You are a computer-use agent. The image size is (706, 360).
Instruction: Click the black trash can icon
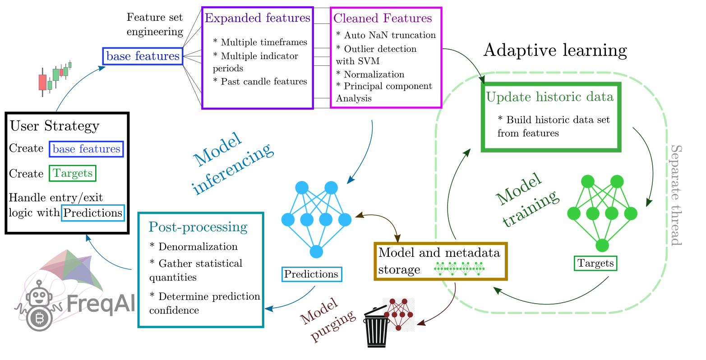click(x=377, y=328)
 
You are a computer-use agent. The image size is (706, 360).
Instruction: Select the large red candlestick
click(x=42, y=82)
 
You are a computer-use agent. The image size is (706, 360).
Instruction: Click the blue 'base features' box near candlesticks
click(x=143, y=56)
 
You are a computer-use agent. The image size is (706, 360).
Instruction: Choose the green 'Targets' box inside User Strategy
click(x=73, y=173)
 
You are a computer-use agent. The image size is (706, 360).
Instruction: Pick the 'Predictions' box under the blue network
click(x=311, y=274)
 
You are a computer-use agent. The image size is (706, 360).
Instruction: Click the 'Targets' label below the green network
click(x=595, y=263)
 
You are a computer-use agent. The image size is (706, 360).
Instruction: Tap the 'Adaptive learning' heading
click(x=555, y=50)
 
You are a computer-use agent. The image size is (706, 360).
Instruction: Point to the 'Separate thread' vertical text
click(x=676, y=195)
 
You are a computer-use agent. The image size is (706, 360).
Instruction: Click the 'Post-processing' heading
click(x=198, y=227)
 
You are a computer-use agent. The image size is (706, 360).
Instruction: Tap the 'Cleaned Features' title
click(x=383, y=18)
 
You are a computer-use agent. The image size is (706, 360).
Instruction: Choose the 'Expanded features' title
click(x=258, y=18)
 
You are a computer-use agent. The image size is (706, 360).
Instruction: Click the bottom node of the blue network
click(x=317, y=251)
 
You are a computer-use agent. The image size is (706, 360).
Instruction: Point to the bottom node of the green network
click(x=602, y=245)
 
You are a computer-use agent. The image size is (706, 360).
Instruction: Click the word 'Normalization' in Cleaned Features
click(x=374, y=74)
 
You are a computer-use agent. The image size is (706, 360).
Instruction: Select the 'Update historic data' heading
click(x=550, y=97)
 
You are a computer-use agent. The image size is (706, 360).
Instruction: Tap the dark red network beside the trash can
click(x=399, y=314)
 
